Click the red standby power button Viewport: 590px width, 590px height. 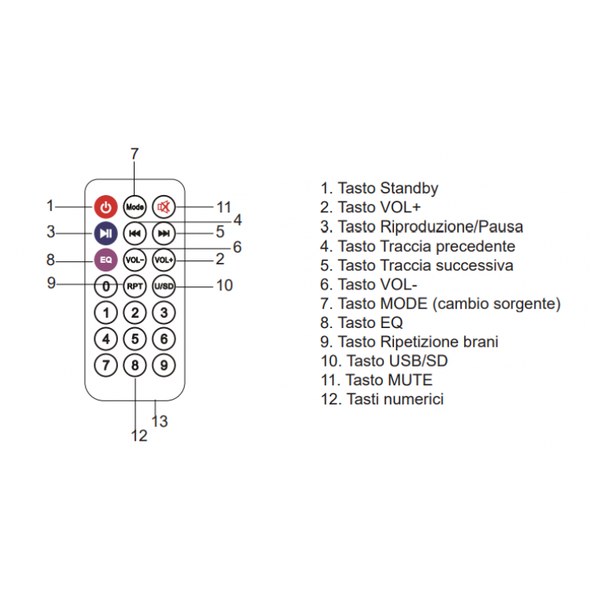tap(106, 208)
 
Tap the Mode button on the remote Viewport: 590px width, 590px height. tap(135, 208)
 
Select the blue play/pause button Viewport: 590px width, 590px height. tap(106, 233)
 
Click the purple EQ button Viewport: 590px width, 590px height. tap(106, 259)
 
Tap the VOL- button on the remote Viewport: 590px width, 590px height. tap(135, 259)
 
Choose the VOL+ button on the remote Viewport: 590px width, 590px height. tap(164, 259)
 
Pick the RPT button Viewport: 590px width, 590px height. tap(135, 286)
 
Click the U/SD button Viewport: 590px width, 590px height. tap(164, 286)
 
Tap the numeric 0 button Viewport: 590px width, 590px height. tap(106, 286)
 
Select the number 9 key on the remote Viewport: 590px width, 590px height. tap(164, 365)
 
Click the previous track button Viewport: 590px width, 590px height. tap(135, 233)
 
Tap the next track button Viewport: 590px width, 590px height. tap(164, 233)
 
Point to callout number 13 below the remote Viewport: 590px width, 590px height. tap(160, 422)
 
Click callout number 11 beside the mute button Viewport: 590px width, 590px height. tap(224, 208)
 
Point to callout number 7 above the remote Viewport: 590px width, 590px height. tap(135, 154)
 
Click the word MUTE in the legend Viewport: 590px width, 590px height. tap(406, 380)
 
